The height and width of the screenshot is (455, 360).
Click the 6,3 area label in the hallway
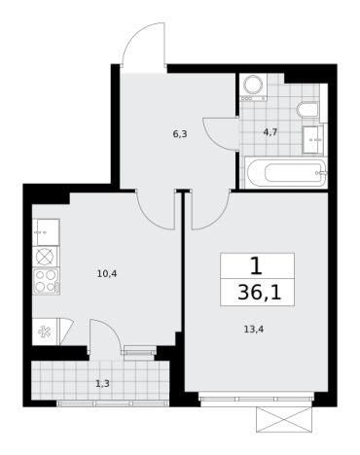(180, 134)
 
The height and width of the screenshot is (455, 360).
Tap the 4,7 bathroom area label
(270, 132)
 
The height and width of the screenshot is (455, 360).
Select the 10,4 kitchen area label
(107, 274)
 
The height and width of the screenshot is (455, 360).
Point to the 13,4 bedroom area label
(253, 330)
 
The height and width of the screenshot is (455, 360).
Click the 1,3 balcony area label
(102, 384)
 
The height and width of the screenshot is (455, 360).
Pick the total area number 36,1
(259, 293)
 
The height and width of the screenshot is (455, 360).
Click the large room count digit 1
(256, 266)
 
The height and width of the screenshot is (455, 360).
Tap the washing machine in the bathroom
(253, 87)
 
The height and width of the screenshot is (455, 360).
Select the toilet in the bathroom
(307, 110)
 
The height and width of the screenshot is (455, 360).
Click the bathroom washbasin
(313, 140)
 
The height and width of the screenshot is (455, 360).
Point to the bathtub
(285, 173)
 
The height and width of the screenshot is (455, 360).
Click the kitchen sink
(46, 232)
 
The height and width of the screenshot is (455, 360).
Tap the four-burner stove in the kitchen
(46, 281)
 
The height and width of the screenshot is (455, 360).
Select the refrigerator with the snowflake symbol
(45, 332)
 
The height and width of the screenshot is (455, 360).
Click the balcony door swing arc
(112, 329)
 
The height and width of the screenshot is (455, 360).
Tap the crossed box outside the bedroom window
(284, 420)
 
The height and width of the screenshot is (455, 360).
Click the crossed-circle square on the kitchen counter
(45, 257)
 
